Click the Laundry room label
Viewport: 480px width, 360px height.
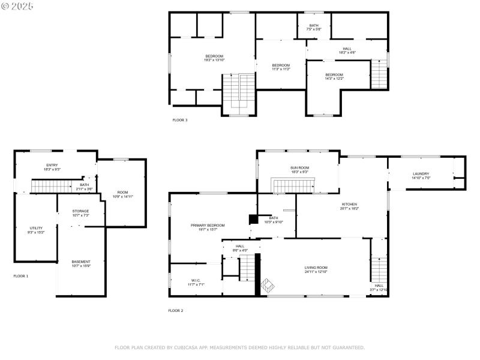(x=420, y=175)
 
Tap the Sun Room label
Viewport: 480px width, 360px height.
(x=299, y=170)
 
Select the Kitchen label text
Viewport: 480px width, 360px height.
(x=349, y=206)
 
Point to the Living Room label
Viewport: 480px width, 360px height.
(x=316, y=269)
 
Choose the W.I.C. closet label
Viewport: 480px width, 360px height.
(x=196, y=282)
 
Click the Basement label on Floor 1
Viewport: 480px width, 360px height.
(x=81, y=263)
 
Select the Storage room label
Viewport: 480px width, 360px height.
(x=81, y=212)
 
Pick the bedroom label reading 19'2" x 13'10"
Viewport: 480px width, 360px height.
(x=214, y=58)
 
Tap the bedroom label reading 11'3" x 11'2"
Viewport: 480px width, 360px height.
(x=281, y=67)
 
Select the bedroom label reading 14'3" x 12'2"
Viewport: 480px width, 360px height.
(x=334, y=76)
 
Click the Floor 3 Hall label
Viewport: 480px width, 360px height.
(x=347, y=50)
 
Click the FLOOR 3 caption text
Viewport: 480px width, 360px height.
(x=180, y=120)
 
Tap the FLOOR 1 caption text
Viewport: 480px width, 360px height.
(x=21, y=276)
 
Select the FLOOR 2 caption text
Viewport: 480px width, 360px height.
(x=175, y=310)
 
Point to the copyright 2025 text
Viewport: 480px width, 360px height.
(x=18, y=5)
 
